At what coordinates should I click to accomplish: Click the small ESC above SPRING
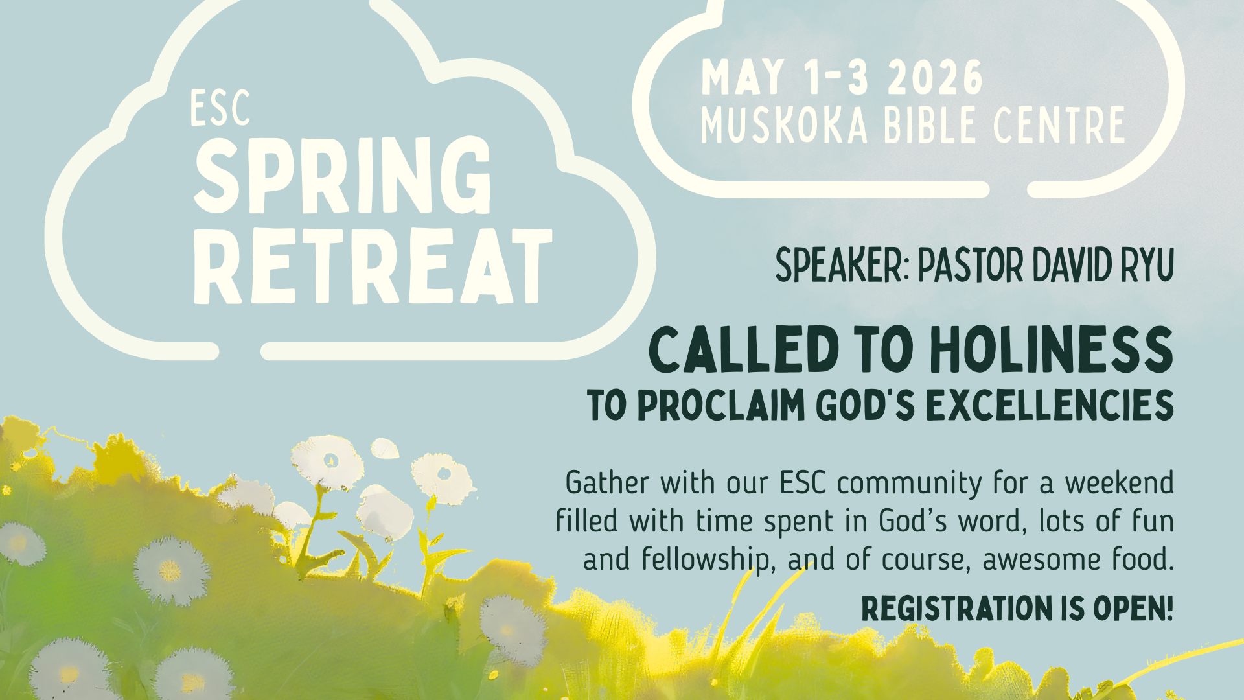(x=220, y=108)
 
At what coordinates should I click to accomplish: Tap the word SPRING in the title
(x=343, y=176)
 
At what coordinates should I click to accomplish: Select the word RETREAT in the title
(x=372, y=266)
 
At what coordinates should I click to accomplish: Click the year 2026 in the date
(x=935, y=78)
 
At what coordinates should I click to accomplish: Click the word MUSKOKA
(x=784, y=125)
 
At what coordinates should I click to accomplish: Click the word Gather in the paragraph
(x=607, y=483)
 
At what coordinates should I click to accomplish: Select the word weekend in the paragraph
(x=1119, y=483)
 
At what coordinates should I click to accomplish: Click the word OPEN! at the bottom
(x=1133, y=609)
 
